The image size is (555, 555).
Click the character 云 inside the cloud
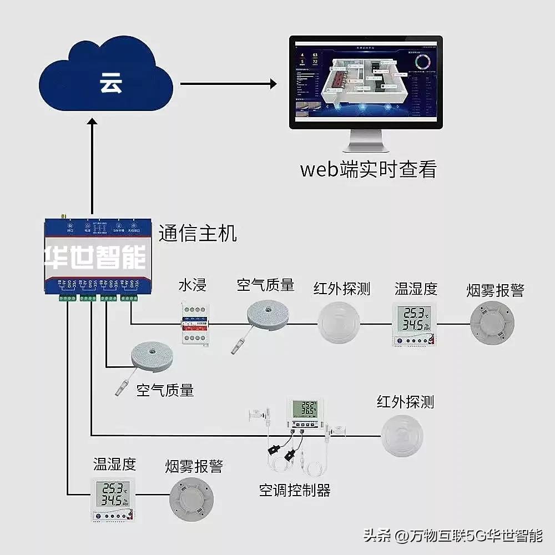[111, 83]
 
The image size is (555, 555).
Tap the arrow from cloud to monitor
[228, 84]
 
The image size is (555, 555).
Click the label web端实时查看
[368, 169]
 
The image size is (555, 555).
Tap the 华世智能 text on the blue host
[95, 257]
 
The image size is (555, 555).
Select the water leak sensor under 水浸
[194, 323]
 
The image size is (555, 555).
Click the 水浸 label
[192, 286]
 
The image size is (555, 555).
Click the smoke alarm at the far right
[492, 323]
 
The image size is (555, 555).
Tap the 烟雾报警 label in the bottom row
[194, 466]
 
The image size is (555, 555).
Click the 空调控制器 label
[295, 491]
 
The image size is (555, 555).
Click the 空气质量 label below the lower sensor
[165, 390]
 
